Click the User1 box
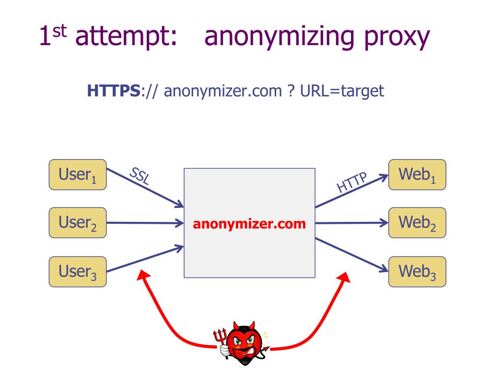tap(78, 174)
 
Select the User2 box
tap(78, 223)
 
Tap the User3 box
tap(78, 272)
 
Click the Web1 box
tap(417, 174)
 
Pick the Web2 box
tap(417, 223)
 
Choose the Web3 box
tap(417, 272)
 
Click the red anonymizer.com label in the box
tap(249, 224)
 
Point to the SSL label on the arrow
tap(139, 177)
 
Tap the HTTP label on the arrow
tap(351, 182)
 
